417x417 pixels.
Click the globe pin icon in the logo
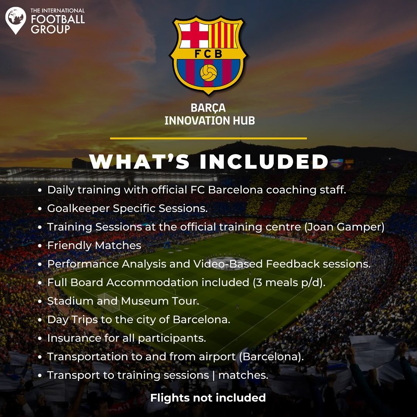click(x=16, y=20)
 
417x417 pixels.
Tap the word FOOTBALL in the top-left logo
click(x=58, y=19)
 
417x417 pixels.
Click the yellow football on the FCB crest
click(x=208, y=72)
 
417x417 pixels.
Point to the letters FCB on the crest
click(x=208, y=54)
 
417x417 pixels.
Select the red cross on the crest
click(x=194, y=35)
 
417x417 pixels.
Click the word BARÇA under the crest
click(x=208, y=108)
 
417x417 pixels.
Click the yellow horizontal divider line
click(x=208, y=138)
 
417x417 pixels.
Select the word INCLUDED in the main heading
click(x=264, y=161)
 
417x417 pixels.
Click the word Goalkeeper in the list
click(x=78, y=209)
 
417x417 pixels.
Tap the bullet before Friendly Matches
click(x=40, y=246)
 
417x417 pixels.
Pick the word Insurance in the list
click(x=74, y=338)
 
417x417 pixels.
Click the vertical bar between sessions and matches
click(x=214, y=375)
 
